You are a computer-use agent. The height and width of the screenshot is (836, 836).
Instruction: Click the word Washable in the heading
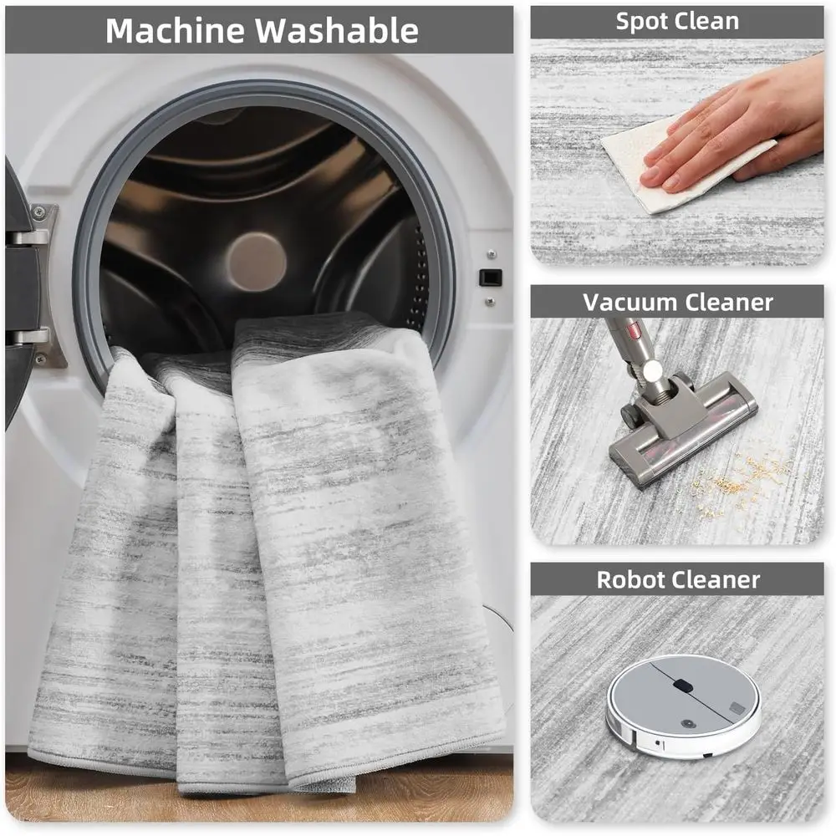pos(336,30)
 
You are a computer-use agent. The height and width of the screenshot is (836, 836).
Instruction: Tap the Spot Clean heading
pos(676,22)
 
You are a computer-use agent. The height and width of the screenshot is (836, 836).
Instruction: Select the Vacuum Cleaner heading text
pos(677,301)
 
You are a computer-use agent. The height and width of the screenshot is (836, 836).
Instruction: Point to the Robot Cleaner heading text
pos(677,579)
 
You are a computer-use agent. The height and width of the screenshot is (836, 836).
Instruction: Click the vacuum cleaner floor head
pos(681,426)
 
